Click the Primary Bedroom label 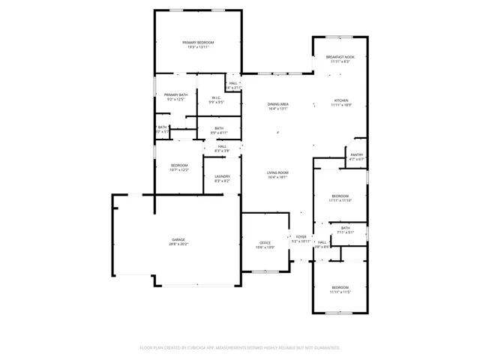pos(198,43)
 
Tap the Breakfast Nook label pos(340,58)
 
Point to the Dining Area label pos(278,105)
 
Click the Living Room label pos(278,175)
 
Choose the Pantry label pos(356,156)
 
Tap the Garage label pos(178,241)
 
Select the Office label pos(265,244)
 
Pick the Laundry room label pos(222,178)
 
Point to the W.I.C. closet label pos(215,99)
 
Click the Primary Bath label pos(176,96)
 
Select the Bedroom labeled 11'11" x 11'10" pos(340,198)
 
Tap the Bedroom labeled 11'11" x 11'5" pos(340,289)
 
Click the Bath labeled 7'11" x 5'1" pos(345,229)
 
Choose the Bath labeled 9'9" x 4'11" pos(218,130)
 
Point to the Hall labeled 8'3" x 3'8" pos(222,148)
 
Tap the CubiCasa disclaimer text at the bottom pos(240,348)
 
